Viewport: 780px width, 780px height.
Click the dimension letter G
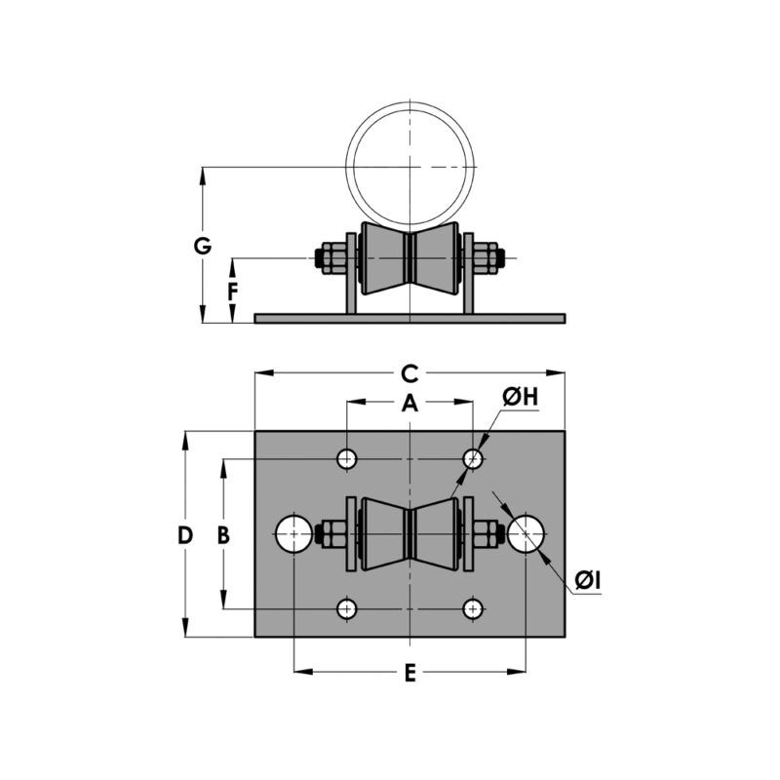click(202, 246)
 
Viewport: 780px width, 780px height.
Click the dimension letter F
click(232, 292)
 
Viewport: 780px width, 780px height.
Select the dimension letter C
click(410, 372)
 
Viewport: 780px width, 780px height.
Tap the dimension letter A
click(410, 403)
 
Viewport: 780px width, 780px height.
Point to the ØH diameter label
click(521, 397)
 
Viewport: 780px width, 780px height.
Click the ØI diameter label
click(587, 581)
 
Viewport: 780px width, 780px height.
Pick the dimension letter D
click(185, 534)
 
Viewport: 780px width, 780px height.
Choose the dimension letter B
click(223, 534)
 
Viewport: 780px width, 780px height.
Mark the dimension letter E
click(410, 673)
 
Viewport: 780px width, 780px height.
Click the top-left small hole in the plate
click(347, 458)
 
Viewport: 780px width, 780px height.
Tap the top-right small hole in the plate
click(473, 458)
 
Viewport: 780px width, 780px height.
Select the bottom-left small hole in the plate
click(347, 609)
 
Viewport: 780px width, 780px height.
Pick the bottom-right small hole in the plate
click(473, 609)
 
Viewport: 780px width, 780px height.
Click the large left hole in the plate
click(293, 534)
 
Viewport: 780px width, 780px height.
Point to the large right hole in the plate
click(526, 534)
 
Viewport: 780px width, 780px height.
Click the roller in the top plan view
click(410, 534)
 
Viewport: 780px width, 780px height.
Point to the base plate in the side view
click(409, 319)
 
